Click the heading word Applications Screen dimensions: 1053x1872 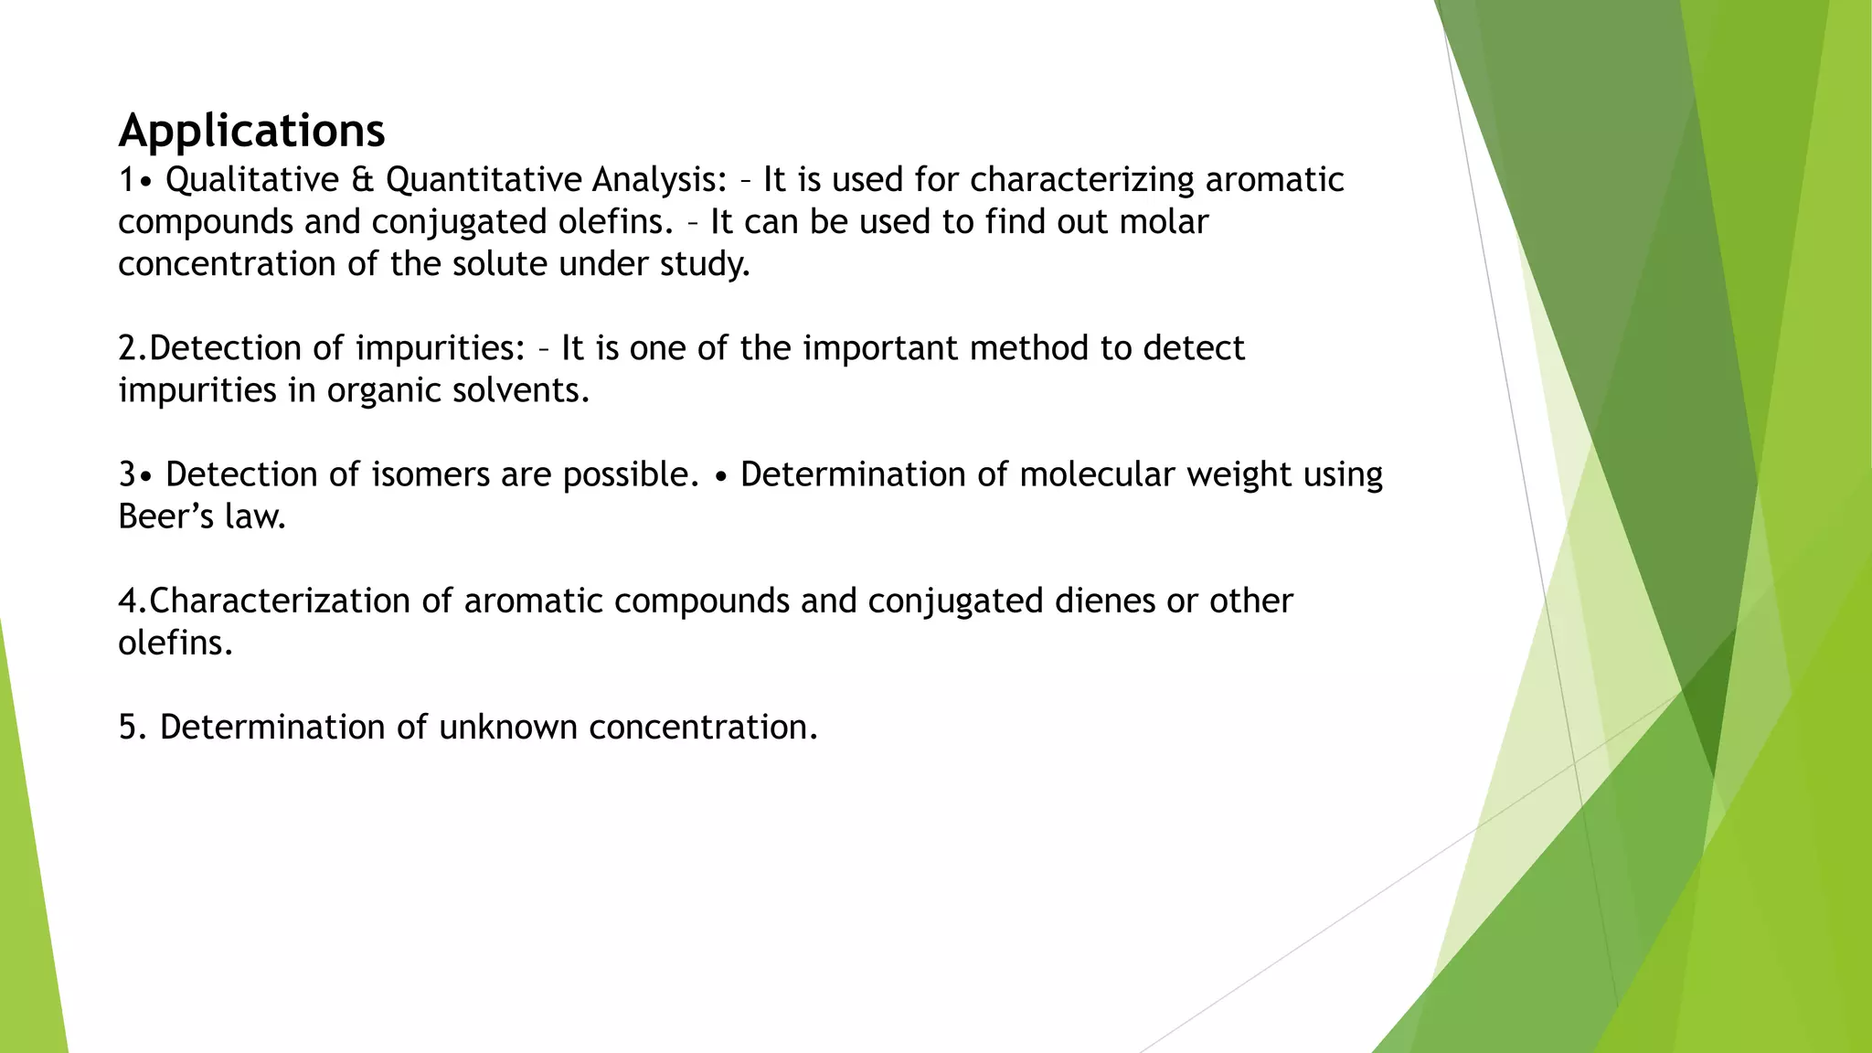[251, 131]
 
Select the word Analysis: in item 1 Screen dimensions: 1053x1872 [659, 180]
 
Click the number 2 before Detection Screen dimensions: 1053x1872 [127, 348]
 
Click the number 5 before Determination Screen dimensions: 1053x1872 [127, 728]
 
